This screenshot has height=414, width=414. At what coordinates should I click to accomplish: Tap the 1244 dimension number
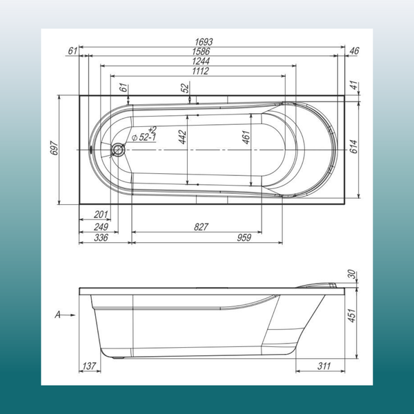(201, 61)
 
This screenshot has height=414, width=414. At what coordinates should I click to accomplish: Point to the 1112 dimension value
(201, 70)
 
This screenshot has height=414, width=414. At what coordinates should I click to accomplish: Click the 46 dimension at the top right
(354, 51)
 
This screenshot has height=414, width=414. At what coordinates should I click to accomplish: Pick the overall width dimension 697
(52, 150)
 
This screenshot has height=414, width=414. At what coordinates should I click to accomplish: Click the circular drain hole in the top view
(117, 150)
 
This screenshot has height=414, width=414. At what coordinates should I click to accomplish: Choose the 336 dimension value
(101, 238)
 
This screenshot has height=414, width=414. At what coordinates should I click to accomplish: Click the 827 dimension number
(201, 227)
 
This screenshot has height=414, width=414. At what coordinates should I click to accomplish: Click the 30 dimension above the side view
(352, 275)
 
